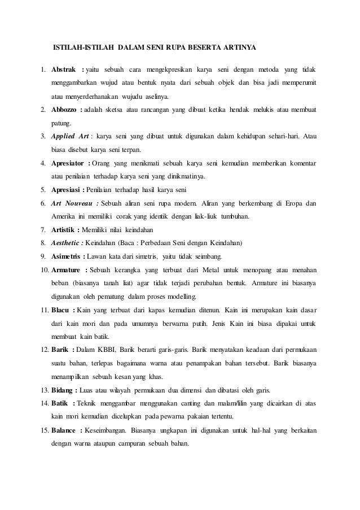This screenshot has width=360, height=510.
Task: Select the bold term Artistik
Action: (x=63, y=230)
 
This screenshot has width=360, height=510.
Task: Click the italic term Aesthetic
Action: (x=65, y=243)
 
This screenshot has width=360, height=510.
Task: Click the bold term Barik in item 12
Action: (x=60, y=351)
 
